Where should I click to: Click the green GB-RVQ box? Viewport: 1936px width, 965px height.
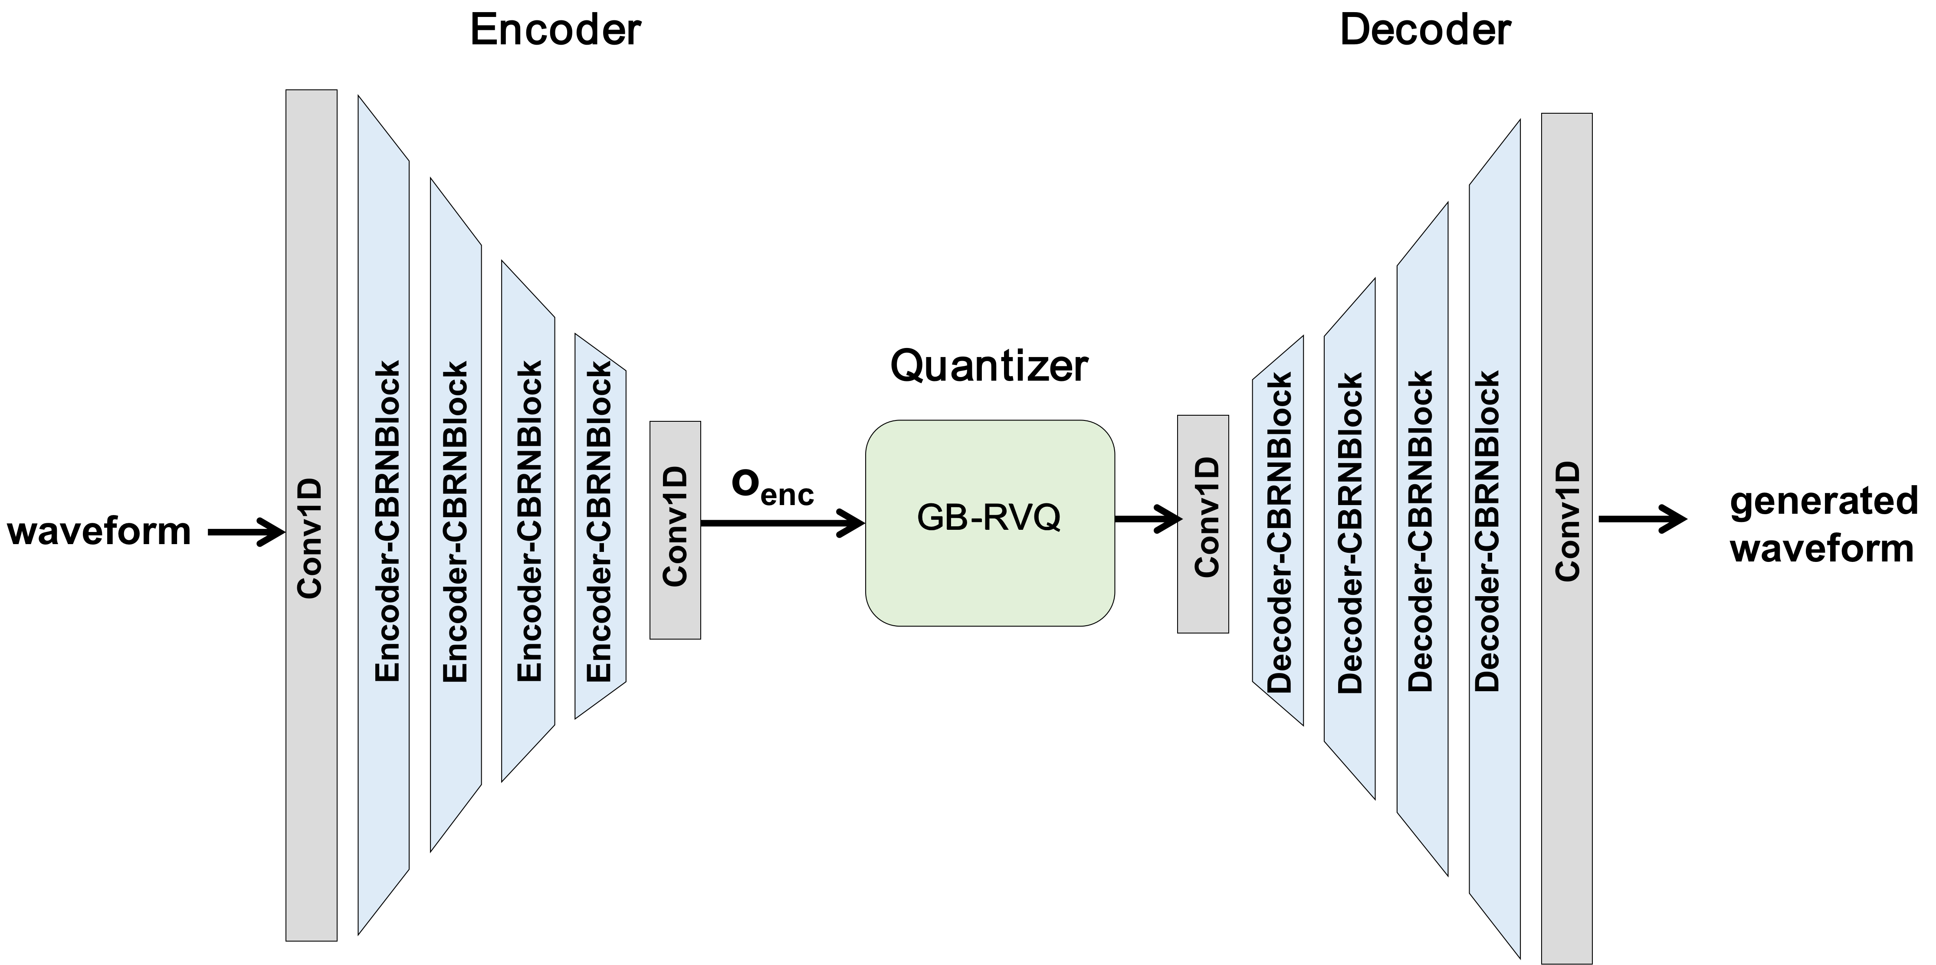point(989,523)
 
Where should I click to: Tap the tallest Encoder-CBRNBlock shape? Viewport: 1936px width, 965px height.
point(383,515)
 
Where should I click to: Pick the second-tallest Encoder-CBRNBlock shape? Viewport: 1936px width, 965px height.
point(456,515)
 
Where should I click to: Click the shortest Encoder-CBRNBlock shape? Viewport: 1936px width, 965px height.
point(600,526)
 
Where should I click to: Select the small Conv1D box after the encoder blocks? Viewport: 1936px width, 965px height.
point(675,530)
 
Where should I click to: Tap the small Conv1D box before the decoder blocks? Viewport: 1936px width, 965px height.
point(1202,524)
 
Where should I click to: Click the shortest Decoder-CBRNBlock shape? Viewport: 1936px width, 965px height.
point(1278,531)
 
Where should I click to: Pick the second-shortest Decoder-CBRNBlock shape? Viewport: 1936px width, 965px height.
point(1350,538)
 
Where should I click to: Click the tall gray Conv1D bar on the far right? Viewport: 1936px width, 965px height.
point(1566,538)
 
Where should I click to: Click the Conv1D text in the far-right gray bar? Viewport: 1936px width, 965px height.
point(1568,522)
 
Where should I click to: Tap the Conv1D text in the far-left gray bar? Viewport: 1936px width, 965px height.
point(310,538)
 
